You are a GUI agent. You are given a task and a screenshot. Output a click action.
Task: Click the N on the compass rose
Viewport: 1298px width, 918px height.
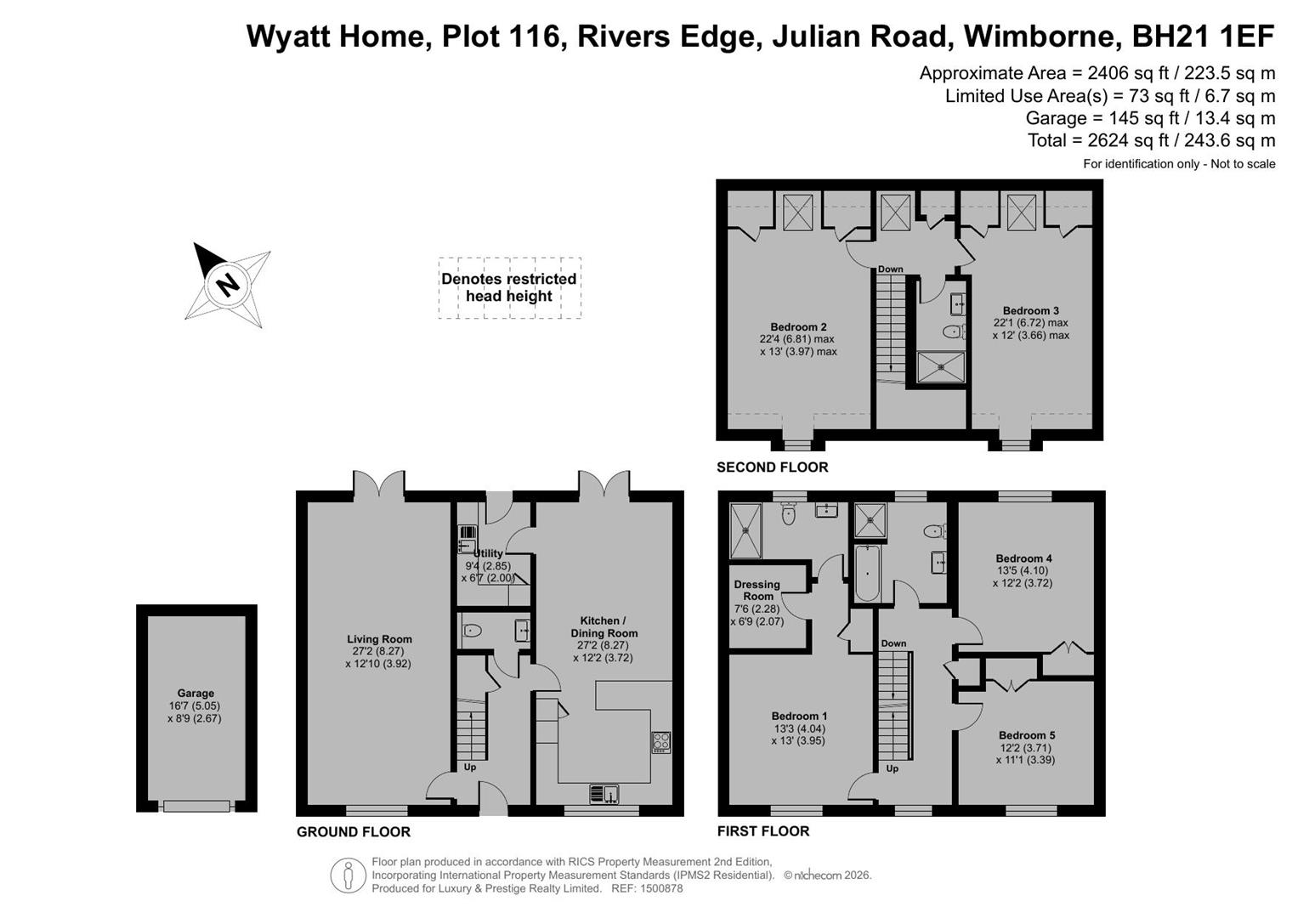click(228, 285)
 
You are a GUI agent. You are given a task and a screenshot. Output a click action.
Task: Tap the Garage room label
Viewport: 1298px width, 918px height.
click(196, 693)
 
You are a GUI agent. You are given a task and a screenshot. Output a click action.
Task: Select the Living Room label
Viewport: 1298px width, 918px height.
click(380, 639)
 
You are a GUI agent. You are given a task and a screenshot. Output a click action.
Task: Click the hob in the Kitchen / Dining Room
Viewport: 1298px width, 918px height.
click(661, 742)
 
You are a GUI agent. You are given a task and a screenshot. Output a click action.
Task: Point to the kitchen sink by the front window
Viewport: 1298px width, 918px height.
click(604, 793)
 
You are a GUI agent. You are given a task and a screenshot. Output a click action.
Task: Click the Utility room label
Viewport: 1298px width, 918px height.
click(488, 553)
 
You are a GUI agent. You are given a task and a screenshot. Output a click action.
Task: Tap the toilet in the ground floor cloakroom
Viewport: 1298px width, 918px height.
click(473, 630)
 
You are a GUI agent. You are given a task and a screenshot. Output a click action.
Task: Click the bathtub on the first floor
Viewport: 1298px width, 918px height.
click(867, 573)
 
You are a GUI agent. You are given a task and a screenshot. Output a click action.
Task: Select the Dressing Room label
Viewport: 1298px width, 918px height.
click(757, 590)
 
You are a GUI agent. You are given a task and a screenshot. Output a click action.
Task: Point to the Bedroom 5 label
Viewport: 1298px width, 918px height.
click(1026, 735)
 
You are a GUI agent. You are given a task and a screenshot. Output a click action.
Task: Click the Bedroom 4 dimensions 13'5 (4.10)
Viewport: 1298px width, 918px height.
click(1023, 570)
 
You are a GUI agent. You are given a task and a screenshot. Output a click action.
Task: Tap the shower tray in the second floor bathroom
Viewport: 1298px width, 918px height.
click(940, 367)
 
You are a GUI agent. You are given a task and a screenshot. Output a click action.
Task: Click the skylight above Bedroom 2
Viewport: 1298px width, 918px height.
click(798, 212)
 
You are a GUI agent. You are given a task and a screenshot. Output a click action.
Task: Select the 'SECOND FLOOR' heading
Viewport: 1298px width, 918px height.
click(773, 467)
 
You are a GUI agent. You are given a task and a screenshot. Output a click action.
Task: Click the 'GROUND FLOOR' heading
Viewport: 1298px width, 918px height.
click(354, 831)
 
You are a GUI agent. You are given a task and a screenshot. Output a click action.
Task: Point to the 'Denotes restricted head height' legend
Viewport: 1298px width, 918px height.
click(509, 287)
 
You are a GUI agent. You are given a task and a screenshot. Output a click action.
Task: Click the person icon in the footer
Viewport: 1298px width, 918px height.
click(348, 875)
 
